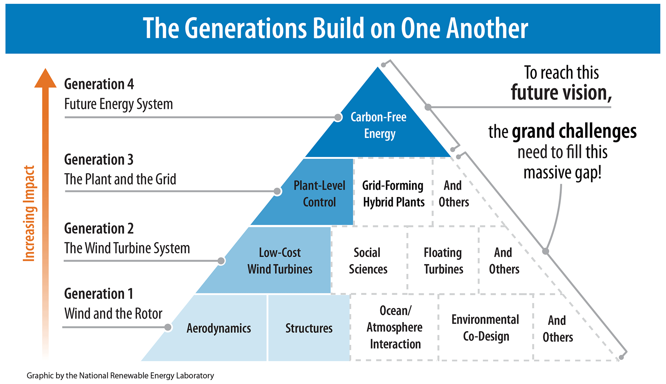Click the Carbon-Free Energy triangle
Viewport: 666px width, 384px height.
point(378,125)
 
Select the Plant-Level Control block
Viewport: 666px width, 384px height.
point(319,194)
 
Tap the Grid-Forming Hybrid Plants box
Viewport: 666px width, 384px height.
point(393,194)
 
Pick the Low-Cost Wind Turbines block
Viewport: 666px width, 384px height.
point(280,261)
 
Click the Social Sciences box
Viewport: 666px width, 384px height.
point(368,261)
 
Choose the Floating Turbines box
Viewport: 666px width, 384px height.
point(443,261)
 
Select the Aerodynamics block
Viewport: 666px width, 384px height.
point(218,328)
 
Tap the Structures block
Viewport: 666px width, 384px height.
point(309,328)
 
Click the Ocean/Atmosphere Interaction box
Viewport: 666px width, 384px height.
point(395,327)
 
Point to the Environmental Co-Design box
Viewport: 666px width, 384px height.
point(486,328)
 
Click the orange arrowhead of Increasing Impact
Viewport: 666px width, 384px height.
point(45,79)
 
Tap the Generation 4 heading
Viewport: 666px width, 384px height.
point(99,84)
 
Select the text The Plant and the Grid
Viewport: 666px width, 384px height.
point(120,179)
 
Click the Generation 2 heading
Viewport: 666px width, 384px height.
point(99,228)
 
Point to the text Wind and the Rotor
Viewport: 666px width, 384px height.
point(113,314)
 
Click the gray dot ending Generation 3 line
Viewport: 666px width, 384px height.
point(277,191)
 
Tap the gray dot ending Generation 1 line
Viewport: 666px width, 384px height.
point(168,327)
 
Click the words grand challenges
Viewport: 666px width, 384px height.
point(574,132)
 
